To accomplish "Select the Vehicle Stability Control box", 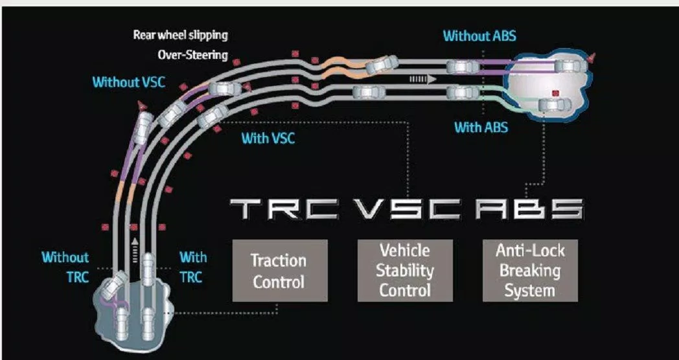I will point(405,271).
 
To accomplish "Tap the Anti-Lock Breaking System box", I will point(530,271).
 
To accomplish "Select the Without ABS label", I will point(479,36).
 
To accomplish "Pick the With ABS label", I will point(481,127).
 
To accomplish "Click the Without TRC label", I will point(65,267).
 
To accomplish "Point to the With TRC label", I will point(192,267).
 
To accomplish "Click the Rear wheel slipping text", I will point(180,35).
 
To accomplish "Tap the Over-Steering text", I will point(192,54).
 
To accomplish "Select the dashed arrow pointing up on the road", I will point(135,247).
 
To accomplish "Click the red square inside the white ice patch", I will point(555,93).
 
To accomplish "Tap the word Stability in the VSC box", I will point(405,271).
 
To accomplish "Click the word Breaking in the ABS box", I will point(530,271).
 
